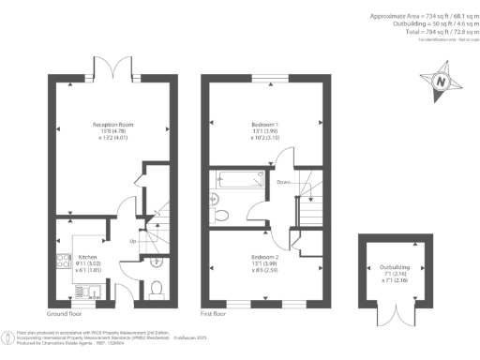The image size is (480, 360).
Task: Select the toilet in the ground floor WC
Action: (157, 287)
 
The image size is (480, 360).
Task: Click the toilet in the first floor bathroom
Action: (221, 215)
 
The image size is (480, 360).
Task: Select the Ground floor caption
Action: (64, 313)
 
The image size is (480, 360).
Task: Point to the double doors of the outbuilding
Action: (385, 313)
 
